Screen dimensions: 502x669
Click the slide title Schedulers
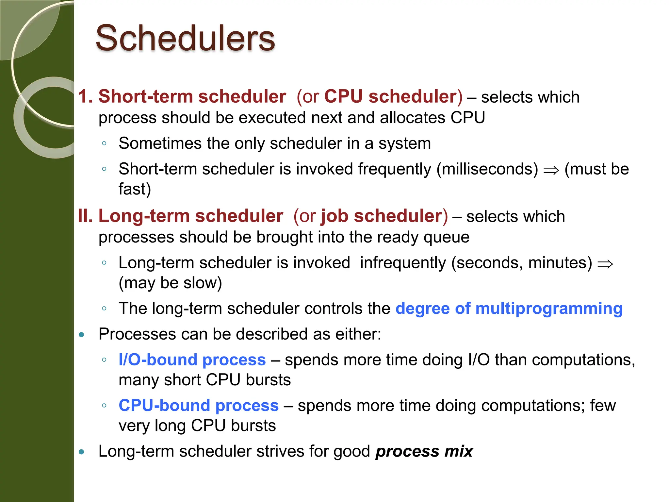click(x=185, y=38)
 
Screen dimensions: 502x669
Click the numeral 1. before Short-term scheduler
click(x=86, y=96)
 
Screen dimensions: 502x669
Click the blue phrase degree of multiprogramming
click(x=509, y=308)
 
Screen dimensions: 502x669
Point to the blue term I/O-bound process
click(x=192, y=360)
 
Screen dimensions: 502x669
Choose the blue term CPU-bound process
click(x=199, y=406)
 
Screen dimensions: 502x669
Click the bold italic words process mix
click(x=424, y=451)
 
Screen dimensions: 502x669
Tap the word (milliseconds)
click(x=487, y=169)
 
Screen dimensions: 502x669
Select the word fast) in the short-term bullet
click(x=135, y=189)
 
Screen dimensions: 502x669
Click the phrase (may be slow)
click(x=170, y=283)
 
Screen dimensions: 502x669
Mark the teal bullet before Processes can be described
click(x=82, y=335)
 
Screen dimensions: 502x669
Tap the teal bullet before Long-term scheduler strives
click(x=82, y=452)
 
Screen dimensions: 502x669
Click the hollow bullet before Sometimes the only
click(x=104, y=143)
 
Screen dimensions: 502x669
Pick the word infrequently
click(x=403, y=263)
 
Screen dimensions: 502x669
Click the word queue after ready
click(x=446, y=237)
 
